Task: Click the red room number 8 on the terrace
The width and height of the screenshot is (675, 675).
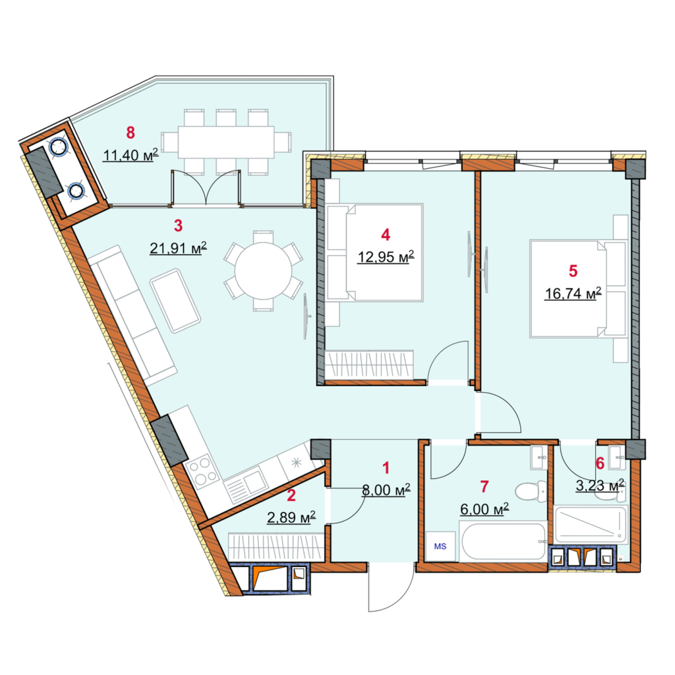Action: [x=131, y=132]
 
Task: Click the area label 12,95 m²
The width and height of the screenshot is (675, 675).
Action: [x=386, y=256]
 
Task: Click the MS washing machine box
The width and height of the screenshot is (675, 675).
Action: [x=440, y=545]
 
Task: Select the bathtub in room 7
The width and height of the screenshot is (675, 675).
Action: [x=504, y=541]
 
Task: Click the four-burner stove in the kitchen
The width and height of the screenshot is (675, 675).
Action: [x=202, y=471]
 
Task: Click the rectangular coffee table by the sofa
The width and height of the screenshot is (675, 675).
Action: [x=175, y=301]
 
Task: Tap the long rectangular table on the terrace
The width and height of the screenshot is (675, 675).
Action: [x=225, y=142]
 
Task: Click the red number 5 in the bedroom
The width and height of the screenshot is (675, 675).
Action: [x=573, y=270]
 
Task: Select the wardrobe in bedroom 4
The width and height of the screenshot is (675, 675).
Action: [x=369, y=363]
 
